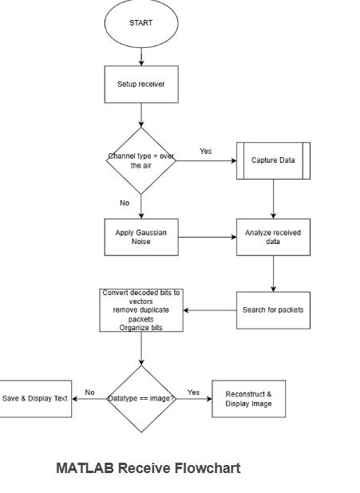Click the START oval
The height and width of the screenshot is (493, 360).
point(140,23)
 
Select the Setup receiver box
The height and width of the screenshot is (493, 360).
point(141,84)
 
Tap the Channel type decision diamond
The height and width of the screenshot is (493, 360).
point(141,160)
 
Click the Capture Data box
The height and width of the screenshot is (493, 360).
point(274,160)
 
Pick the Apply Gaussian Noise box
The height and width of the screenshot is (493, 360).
point(141,236)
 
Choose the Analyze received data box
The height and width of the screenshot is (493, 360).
point(274,236)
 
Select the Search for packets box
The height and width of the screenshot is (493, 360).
point(274,310)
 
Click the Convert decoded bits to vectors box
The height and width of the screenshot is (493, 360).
point(141,310)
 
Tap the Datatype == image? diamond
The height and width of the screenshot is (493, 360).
point(141,398)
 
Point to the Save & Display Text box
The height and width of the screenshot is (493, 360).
point(35,398)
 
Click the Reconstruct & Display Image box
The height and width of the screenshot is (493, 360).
point(248,398)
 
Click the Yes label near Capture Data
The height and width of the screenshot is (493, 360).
point(205,151)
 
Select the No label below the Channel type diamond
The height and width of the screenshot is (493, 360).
point(125,203)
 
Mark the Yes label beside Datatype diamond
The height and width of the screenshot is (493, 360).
point(193,392)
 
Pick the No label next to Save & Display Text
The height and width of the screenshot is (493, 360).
point(89,392)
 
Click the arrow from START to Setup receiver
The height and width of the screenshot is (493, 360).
point(141,55)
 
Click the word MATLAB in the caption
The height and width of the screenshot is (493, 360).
point(85,468)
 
